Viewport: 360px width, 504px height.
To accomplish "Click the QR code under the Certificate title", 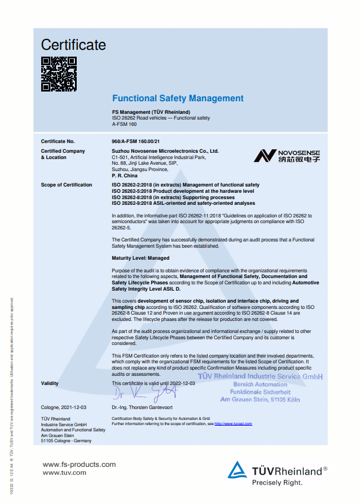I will point(58,74).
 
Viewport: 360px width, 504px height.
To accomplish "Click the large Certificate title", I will point(73,45).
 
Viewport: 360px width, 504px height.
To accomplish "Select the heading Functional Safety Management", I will point(177,98).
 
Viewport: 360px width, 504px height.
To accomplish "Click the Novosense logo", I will point(287,156).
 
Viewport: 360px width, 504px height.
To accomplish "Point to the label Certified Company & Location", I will point(63,154).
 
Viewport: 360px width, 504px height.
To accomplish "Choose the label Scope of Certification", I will point(66,185).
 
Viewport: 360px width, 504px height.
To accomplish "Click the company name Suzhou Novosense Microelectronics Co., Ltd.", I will point(165,151).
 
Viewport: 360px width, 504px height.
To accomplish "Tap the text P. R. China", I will point(125,176).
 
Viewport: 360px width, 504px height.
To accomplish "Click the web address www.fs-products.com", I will point(79,465).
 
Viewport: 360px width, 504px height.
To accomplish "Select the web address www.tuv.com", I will point(64,473).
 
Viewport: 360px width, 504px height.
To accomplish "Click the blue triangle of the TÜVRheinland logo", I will point(238,470).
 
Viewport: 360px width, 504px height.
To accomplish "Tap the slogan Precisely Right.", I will point(277,482).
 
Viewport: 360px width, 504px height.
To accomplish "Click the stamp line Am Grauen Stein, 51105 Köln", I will point(260,399).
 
